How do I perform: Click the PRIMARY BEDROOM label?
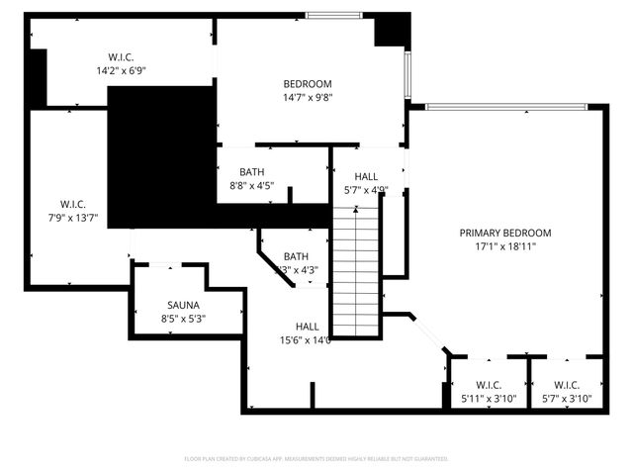504,233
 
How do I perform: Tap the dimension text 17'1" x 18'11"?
504,246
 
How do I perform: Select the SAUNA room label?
183,305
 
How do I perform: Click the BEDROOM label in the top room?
307,84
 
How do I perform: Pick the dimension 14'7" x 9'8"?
307,98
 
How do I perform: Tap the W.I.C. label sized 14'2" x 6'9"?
121,56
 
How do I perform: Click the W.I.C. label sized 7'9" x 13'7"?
65,204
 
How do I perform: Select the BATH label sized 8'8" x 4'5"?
251,171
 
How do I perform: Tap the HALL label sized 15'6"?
307,326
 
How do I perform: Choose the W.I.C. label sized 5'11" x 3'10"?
489,385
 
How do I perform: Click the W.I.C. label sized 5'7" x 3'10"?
566,385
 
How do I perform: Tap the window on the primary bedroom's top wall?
505,107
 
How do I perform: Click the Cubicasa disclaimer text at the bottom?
316,459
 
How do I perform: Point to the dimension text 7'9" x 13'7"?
65,218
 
